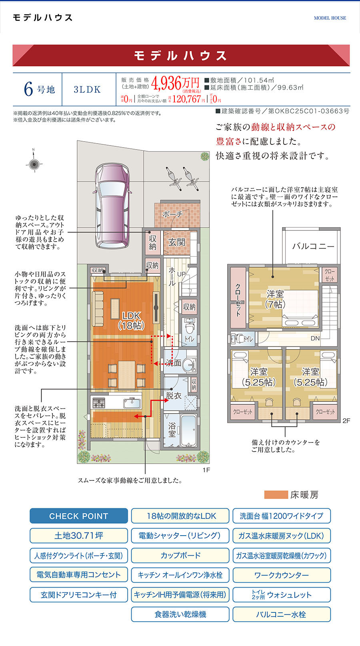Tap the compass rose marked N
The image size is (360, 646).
(x=34, y=163)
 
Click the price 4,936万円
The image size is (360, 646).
(x=175, y=83)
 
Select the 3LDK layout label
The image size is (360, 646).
(x=87, y=90)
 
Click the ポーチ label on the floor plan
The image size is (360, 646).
(x=172, y=214)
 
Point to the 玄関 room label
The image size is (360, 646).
(x=176, y=242)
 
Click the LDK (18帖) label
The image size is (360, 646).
(x=131, y=320)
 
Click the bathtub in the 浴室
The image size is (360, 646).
(x=188, y=430)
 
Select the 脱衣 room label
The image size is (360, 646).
(x=174, y=396)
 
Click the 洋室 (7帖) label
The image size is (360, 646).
(x=275, y=299)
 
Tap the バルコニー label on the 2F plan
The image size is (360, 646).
(x=313, y=246)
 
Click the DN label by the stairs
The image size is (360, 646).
(x=315, y=338)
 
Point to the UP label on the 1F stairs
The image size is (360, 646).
(x=181, y=274)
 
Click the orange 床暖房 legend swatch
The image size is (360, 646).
(x=276, y=495)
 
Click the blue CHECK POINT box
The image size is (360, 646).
(x=79, y=516)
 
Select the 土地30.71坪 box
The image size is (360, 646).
(x=79, y=536)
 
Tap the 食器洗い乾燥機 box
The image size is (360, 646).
(x=180, y=614)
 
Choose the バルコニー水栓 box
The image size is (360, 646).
(x=281, y=614)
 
